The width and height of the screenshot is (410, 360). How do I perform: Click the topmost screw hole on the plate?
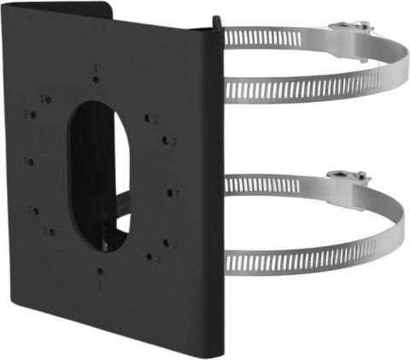point(97,80)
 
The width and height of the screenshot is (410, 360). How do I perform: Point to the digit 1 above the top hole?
point(96,67)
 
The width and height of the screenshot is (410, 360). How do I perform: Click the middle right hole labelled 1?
point(169,193)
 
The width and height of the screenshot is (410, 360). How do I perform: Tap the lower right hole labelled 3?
point(149,256)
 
